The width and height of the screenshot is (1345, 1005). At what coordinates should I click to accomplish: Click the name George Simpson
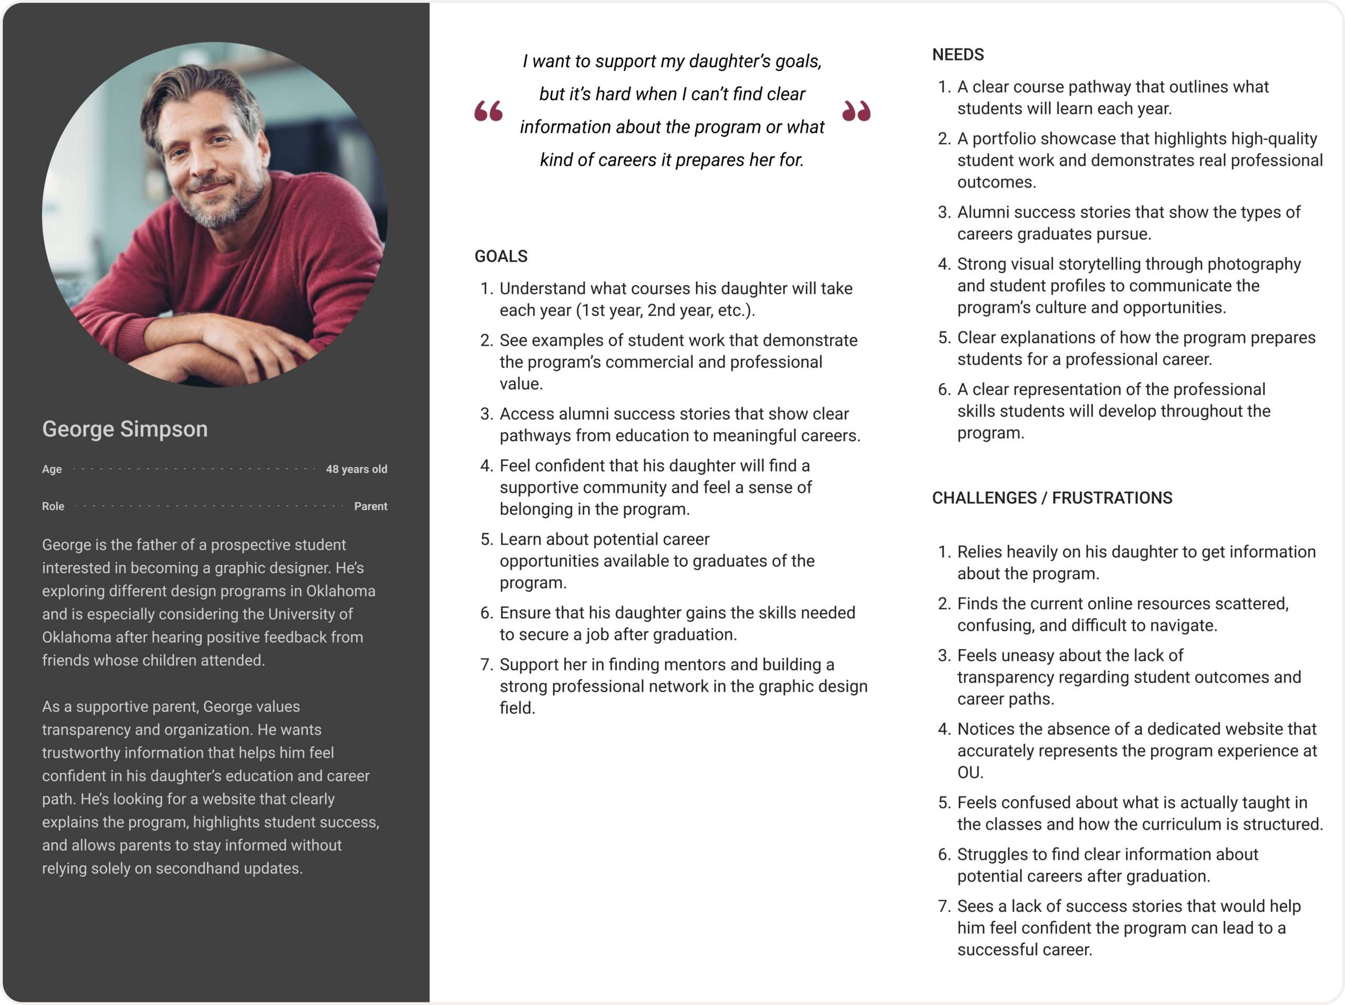125,429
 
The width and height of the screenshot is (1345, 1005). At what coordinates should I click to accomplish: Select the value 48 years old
356,469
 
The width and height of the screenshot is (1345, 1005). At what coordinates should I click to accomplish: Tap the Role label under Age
53,506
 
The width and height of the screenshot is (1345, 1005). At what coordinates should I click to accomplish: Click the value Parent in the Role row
370,506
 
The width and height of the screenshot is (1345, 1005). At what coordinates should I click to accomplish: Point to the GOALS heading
500,256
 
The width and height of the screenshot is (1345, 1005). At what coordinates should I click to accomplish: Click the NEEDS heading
958,55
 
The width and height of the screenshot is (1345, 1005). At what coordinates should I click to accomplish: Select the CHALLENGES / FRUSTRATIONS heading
1052,498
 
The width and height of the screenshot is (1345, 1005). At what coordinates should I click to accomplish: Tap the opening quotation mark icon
488,111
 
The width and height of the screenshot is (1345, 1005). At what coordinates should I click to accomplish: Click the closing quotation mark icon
856,111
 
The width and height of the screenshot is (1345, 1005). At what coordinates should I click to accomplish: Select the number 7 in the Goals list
485,665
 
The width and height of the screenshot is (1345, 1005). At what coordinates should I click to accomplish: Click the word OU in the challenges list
970,773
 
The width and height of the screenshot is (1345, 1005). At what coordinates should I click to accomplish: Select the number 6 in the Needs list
943,389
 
